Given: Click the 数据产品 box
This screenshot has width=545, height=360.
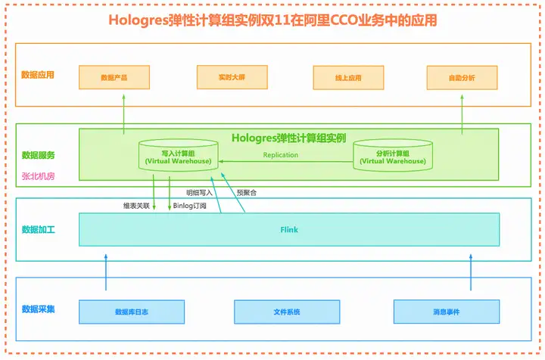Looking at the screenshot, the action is [114, 77].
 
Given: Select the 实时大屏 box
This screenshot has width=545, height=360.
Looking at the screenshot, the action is [232, 77].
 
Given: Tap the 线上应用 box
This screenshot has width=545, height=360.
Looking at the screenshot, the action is [348, 78].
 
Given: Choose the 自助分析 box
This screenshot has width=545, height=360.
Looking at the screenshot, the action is [462, 78].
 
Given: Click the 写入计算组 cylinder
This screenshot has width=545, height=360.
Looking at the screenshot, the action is [179, 155].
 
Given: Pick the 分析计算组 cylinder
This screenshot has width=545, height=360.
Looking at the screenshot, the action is [393, 155].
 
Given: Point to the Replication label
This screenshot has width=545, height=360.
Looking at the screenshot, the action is [281, 155].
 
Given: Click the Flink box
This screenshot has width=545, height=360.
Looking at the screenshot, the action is [289, 229].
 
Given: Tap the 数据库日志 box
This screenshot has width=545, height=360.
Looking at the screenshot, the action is [132, 312].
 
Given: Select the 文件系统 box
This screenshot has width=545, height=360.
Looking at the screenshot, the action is [287, 312].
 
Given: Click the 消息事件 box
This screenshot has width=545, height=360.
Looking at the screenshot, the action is [447, 312].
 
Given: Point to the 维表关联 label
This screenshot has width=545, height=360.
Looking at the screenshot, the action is [136, 206].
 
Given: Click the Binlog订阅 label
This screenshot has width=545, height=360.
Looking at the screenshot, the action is [190, 206].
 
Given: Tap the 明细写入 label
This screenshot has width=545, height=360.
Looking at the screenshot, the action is [199, 193].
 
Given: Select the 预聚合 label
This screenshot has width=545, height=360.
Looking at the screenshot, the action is [247, 193].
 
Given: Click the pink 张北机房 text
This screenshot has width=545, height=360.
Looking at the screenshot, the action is [39, 176].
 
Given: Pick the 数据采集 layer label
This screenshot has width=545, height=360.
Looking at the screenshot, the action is [39, 309].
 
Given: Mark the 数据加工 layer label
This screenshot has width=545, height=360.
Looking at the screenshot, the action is [39, 229].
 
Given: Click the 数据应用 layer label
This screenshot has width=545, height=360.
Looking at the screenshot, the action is [38, 75].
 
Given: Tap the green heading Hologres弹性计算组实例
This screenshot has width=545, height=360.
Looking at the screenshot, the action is [289, 138].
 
